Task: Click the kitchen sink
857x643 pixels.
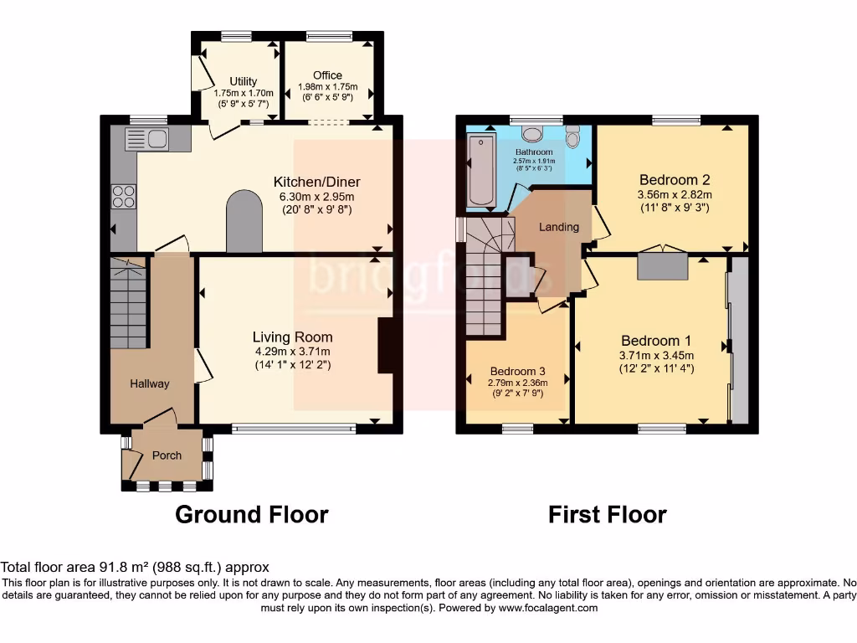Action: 147,139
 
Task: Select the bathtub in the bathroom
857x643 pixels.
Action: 481,172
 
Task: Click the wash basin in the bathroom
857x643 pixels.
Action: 532,133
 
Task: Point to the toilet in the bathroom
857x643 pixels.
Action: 572,136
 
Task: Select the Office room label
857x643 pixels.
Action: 327,75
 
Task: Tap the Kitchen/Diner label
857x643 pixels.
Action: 316,182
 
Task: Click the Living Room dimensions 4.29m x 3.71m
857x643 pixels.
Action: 292,352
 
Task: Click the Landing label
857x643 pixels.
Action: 558,227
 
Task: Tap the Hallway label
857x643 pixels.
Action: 150,383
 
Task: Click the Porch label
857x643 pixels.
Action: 167,455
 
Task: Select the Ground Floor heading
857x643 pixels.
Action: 251,514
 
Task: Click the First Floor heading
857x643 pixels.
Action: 607,514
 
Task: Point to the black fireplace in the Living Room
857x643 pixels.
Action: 386,345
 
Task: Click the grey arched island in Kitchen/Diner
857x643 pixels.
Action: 244,222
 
